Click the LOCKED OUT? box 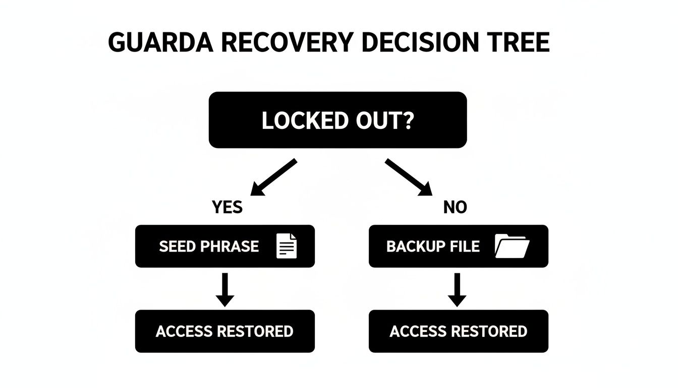pos(337,120)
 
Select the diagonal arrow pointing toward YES pos(274,177)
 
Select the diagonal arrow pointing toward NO pos(409,177)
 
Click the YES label pos(227,207)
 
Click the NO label pos(455,207)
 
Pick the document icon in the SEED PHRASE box pos(287,247)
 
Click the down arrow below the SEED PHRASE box pos(224,289)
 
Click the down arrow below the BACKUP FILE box pos(457,289)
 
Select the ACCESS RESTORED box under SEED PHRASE pos(224,331)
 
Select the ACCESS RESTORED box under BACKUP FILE pos(458,331)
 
